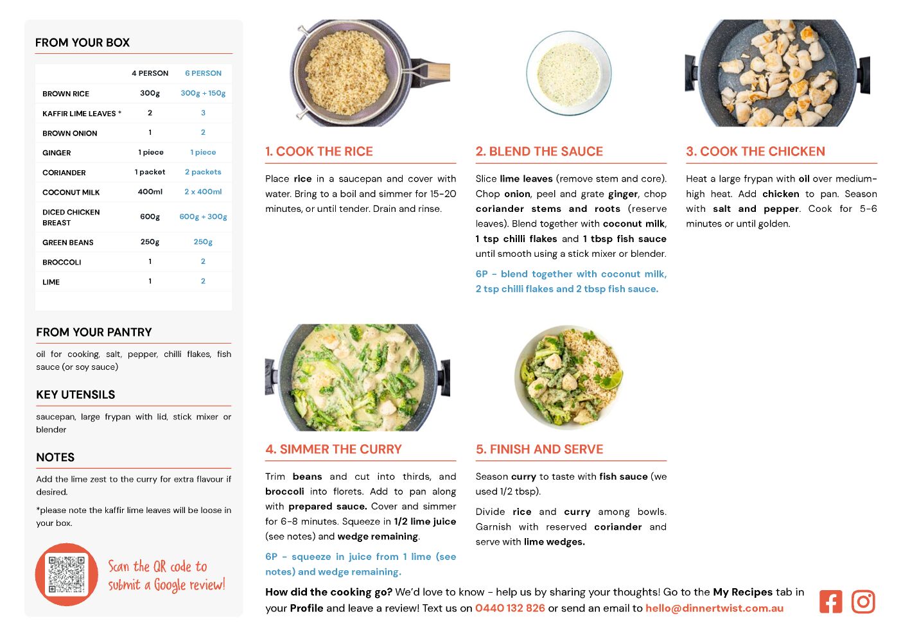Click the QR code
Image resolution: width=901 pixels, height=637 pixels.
pos(66,574)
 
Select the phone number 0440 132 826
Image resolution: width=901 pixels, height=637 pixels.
pos(510,608)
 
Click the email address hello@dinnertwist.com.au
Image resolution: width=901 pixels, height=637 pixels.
pos(714,608)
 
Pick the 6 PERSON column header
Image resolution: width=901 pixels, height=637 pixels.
pos(203,73)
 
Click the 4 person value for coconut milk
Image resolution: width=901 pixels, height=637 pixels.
pos(150,192)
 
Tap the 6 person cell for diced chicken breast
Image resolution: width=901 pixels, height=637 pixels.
pos(203,217)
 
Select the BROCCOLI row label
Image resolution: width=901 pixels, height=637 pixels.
pos(62,262)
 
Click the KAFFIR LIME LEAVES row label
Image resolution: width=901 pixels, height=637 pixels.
pos(82,114)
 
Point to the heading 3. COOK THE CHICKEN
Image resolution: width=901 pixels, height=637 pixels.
pos(755,151)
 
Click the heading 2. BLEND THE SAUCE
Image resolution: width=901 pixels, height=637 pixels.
pos(539,151)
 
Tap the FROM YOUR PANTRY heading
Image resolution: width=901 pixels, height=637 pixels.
pos(94,332)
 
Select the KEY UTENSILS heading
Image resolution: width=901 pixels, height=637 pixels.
pos(76,394)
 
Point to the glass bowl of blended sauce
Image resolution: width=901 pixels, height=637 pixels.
pos(569,74)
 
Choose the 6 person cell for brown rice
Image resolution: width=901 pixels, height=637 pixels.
pos(203,93)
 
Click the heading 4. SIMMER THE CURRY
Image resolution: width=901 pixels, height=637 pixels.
pos(333,449)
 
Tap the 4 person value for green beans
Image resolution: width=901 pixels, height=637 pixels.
pos(150,242)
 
